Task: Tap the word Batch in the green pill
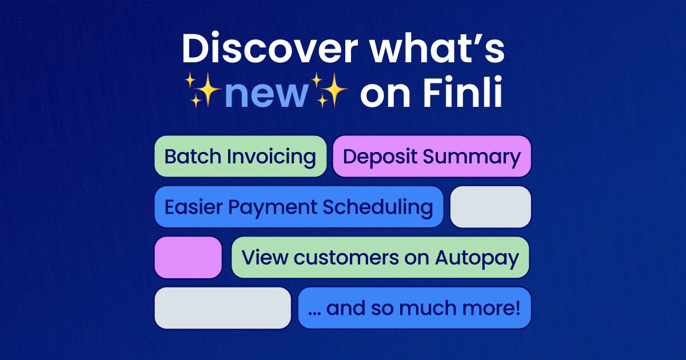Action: pyautogui.click(x=192, y=157)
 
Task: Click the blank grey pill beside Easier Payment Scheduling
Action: pyautogui.click(x=490, y=207)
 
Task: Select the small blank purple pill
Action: pyautogui.click(x=188, y=257)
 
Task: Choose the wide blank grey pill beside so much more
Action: pyautogui.click(x=223, y=308)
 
